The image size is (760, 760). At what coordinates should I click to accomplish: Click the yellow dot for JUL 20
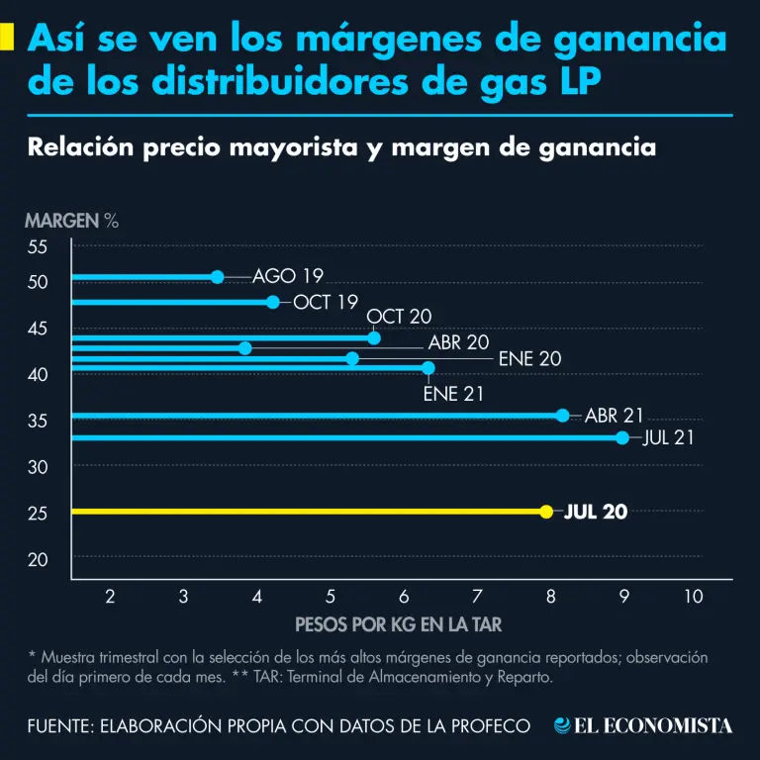(545, 512)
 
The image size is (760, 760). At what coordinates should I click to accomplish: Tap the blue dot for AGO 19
(218, 277)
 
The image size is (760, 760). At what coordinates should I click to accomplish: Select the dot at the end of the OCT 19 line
(273, 302)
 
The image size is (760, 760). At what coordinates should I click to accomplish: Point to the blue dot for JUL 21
(622, 437)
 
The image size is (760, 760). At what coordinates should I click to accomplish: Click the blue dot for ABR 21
(563, 416)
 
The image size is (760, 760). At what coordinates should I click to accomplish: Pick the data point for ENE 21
(428, 368)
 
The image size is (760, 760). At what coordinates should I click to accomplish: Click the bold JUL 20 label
(595, 512)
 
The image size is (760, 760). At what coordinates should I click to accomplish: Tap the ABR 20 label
(458, 343)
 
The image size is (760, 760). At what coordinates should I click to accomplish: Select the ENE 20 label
(529, 358)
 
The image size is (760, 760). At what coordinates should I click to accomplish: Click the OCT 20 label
(399, 317)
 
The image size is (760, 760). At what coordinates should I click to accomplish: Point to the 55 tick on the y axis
(38, 246)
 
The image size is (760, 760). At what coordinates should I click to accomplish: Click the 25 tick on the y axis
(38, 513)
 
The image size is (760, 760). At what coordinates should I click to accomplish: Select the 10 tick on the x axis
(693, 596)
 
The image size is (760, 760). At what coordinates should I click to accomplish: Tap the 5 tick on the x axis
(331, 596)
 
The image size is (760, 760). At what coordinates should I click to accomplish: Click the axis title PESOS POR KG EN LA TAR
(399, 624)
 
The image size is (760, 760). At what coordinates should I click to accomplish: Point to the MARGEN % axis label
(71, 221)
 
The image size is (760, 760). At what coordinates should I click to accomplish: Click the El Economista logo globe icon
(562, 726)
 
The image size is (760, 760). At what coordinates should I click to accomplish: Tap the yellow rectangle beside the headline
(7, 38)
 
